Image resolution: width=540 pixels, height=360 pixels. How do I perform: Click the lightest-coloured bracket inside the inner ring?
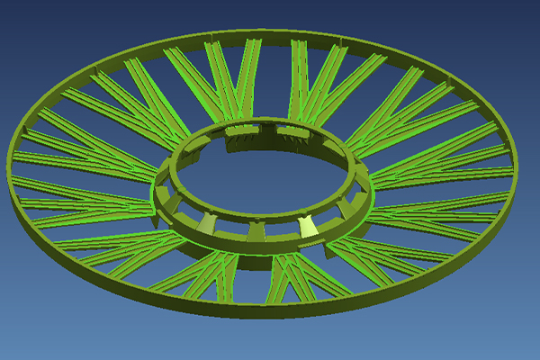tap(308, 229)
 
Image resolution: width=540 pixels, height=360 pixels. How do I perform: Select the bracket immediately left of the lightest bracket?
tap(256, 231)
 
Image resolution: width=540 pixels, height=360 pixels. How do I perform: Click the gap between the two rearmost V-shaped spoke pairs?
tap(271, 81)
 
